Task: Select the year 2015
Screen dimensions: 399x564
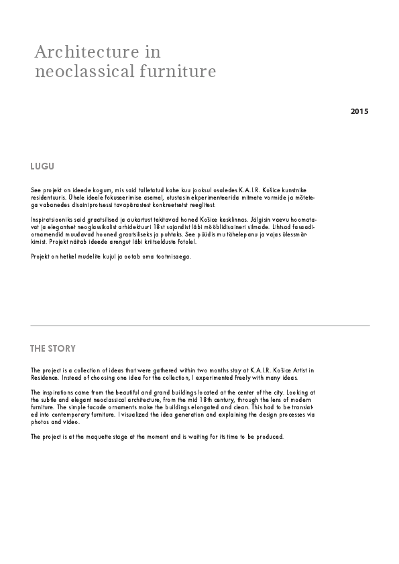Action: point(359,111)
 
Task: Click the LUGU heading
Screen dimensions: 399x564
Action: point(42,166)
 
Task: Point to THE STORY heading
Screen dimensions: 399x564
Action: point(53,348)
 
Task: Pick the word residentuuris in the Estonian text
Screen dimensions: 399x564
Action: point(48,198)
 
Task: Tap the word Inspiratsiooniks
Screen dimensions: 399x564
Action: point(53,219)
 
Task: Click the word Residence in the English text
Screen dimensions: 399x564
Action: point(45,377)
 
